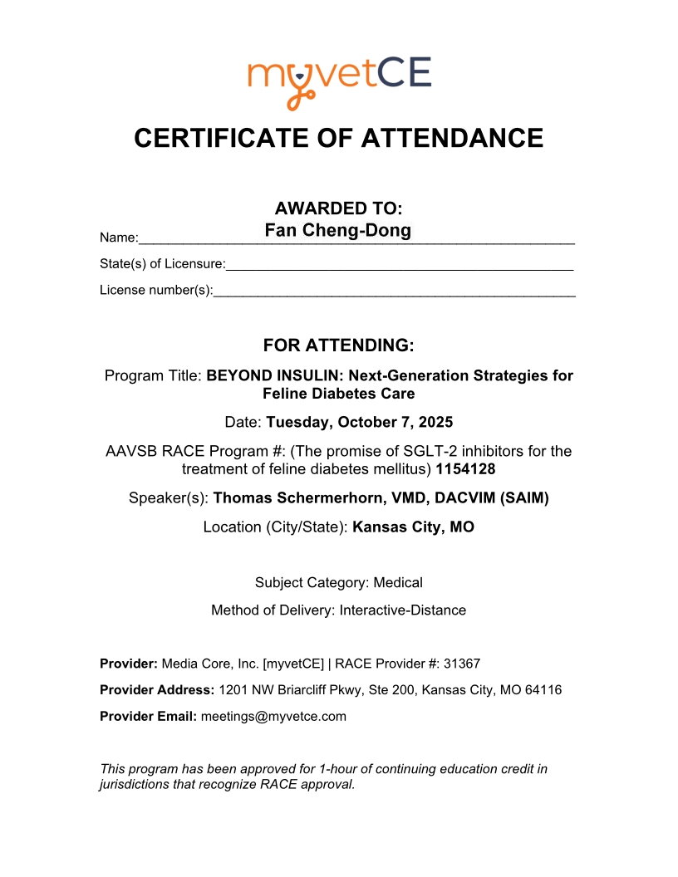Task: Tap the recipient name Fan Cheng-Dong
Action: (338, 230)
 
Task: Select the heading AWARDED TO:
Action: (339, 208)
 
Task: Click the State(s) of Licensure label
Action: (162, 264)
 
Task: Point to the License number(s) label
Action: (156, 290)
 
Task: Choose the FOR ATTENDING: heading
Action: (338, 345)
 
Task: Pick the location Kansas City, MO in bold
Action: (414, 527)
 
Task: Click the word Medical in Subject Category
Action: (398, 583)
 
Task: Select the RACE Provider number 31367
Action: (464, 664)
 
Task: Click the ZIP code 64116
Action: (543, 690)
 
